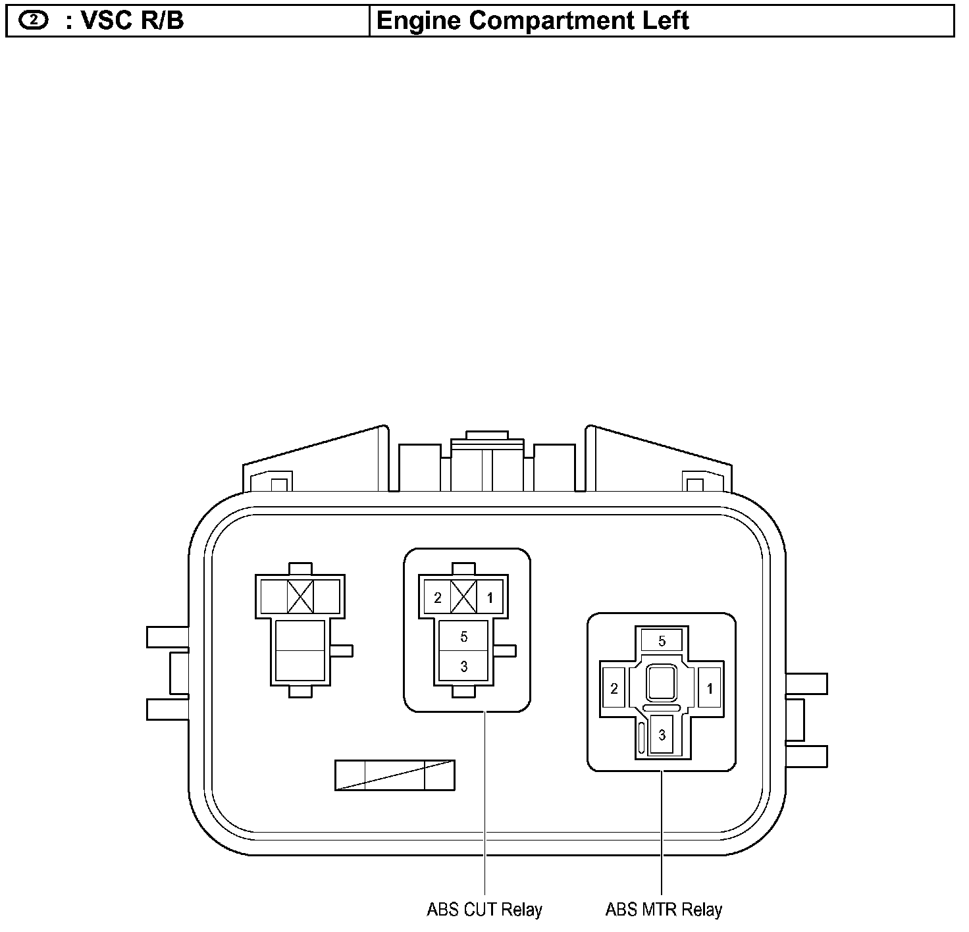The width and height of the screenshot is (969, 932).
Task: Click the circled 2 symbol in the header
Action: click(34, 20)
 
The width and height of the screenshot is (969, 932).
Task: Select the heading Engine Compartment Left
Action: click(533, 21)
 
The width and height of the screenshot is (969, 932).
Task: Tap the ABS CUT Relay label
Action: click(484, 910)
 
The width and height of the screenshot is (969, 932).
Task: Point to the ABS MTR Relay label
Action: click(664, 910)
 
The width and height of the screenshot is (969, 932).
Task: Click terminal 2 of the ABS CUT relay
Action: click(437, 598)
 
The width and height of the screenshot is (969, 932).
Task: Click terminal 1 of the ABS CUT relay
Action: click(490, 598)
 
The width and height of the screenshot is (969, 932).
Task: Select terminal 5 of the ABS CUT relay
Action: click(463, 636)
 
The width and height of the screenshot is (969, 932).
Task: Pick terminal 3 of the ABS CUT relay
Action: click(463, 666)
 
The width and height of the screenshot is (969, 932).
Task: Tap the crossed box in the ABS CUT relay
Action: click(463, 597)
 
